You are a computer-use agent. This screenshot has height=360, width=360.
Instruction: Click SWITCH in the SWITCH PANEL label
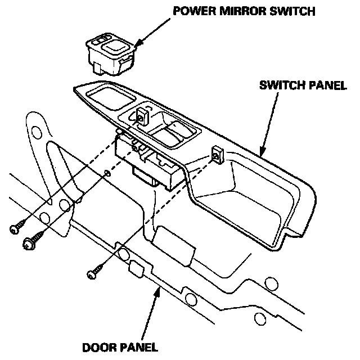(278, 86)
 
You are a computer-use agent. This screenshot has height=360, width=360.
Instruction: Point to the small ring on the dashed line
(107, 173)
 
